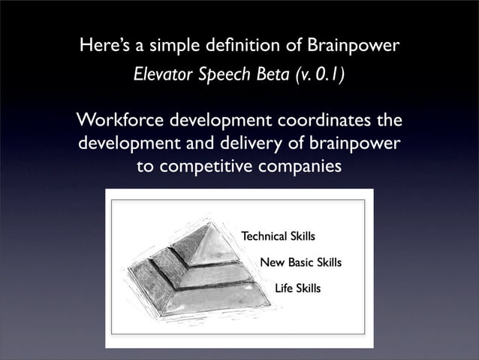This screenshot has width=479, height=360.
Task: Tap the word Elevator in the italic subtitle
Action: coord(161,75)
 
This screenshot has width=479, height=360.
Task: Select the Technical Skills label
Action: coord(278,237)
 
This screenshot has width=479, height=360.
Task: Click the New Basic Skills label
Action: coord(300,263)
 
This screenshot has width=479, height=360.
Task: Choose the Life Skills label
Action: coord(297,289)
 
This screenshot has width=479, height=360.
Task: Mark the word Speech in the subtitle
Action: coord(220,75)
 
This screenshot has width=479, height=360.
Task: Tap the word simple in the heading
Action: coord(173,48)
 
